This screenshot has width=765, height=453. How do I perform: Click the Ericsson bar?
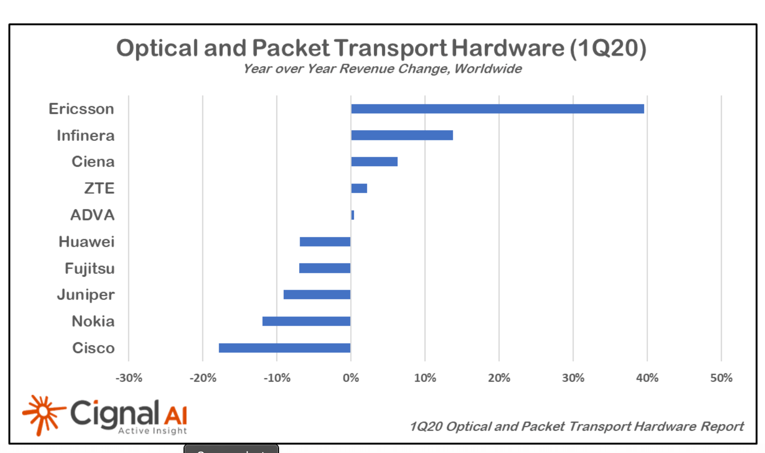(x=497, y=109)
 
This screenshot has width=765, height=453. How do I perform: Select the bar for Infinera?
(x=402, y=135)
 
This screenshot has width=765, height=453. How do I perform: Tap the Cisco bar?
(x=284, y=348)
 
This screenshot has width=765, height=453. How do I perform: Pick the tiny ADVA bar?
(x=353, y=215)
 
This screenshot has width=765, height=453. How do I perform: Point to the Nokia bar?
(x=306, y=321)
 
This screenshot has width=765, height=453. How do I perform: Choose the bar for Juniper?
(x=316, y=294)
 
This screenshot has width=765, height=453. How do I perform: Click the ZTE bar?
(x=359, y=188)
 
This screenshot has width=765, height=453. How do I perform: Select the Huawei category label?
(x=87, y=241)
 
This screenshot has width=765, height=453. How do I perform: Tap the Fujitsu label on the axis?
(x=89, y=268)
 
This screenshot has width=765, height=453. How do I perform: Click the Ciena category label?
(x=93, y=161)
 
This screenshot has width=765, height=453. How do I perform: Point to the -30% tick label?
(x=129, y=378)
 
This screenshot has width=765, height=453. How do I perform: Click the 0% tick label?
(x=351, y=378)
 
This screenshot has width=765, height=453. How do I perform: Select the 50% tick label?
(x=721, y=378)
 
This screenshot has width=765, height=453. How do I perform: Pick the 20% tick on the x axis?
(x=499, y=378)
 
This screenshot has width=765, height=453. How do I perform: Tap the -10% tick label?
(x=277, y=378)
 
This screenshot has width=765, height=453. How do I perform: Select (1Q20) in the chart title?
(x=608, y=48)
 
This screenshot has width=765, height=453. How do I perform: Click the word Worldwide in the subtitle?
(x=488, y=69)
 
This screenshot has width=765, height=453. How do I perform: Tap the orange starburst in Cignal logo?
(x=43, y=414)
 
